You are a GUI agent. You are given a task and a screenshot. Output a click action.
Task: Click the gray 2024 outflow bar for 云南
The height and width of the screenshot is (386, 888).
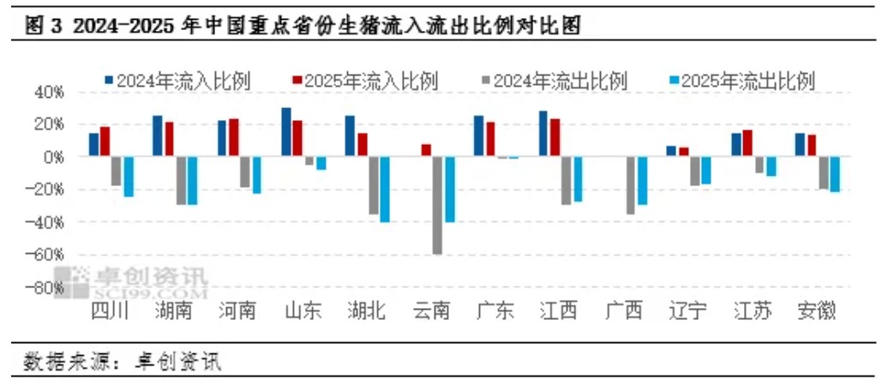click(437, 205)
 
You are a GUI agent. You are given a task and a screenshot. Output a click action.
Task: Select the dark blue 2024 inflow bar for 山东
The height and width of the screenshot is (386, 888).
click(286, 132)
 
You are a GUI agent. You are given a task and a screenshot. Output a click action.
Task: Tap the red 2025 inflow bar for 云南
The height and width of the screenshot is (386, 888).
click(426, 150)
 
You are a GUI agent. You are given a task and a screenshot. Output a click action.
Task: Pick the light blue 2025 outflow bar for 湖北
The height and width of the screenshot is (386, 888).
click(384, 190)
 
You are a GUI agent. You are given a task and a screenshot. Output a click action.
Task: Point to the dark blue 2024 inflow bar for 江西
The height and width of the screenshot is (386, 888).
click(543, 134)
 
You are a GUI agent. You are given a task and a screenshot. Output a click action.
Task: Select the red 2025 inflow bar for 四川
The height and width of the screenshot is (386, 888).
click(105, 142)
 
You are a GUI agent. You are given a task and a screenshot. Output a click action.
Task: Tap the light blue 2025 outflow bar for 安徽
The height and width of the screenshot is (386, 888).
click(835, 174)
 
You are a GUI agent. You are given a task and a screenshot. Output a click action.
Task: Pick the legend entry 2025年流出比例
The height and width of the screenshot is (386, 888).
click(741, 81)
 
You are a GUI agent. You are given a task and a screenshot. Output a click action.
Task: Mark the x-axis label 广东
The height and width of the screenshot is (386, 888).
click(495, 311)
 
